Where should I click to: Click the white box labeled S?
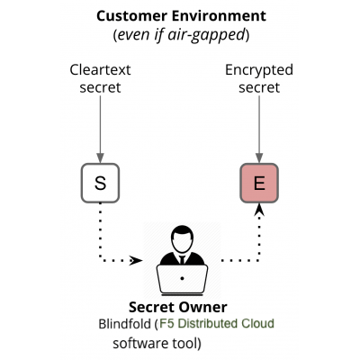pyautogui.click(x=101, y=184)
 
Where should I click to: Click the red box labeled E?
pyautogui.click(x=259, y=184)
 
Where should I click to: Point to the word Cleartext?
pyautogui.click(x=101, y=69)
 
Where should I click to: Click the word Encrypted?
pyautogui.click(x=259, y=69)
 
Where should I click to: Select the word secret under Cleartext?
pyautogui.click(x=101, y=88)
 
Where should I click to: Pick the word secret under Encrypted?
pyautogui.click(x=259, y=88)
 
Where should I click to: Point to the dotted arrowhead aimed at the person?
pyautogui.click(x=137, y=261)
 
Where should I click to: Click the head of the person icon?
pyautogui.click(x=181, y=238)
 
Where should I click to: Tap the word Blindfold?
pyautogui.click(x=125, y=324)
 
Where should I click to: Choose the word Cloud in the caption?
pyautogui.click(x=256, y=324)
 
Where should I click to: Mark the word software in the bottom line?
pyautogui.click(x=139, y=344)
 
